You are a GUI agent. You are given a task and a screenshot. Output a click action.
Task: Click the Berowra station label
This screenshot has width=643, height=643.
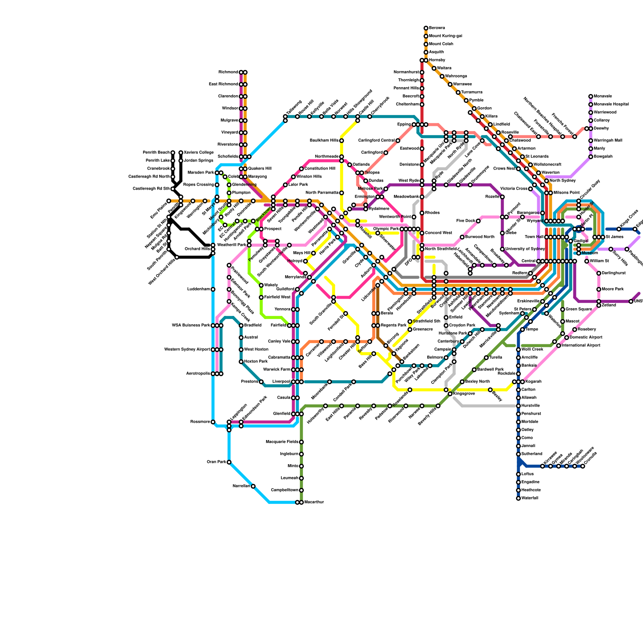coord(437,28)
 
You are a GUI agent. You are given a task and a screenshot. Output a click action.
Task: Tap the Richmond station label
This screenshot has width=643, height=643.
coord(228,72)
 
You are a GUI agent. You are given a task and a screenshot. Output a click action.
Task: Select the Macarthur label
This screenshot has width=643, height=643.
coord(314,502)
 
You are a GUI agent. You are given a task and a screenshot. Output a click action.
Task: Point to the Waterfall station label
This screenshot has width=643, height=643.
coord(530,498)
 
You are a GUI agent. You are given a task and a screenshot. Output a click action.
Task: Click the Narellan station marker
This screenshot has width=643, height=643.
coord(253,486)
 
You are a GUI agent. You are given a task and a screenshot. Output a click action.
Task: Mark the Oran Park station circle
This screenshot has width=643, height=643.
coord(229,462)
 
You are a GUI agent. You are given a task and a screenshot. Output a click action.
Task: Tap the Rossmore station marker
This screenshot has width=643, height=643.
coord(213,422)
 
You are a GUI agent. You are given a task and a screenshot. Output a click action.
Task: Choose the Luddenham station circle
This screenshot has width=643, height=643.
coord(213,289)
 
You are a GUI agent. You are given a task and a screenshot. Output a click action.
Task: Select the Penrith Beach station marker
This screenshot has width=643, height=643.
coord(173,153)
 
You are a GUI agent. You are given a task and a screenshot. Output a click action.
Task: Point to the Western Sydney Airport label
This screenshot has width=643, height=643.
coord(187,350)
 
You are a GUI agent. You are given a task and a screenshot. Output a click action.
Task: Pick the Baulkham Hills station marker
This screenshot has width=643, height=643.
coord(342,141)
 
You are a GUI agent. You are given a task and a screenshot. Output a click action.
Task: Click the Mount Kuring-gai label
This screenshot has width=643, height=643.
coord(445,36)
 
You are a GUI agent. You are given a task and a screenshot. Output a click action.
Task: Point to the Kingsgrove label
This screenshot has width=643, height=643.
coord(464,394)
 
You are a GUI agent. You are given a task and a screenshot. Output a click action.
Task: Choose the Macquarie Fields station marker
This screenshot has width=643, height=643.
coord(301,442)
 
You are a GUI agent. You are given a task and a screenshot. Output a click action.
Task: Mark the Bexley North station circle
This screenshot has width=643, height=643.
coord(462,382)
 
